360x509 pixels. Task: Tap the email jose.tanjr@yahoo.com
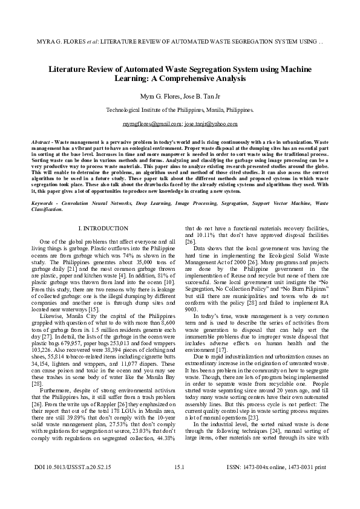(x=211, y=123)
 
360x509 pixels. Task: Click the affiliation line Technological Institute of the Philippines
(x=180, y=110)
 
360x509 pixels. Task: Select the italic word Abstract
(x=41, y=140)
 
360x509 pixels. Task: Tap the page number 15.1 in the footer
(x=179, y=484)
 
